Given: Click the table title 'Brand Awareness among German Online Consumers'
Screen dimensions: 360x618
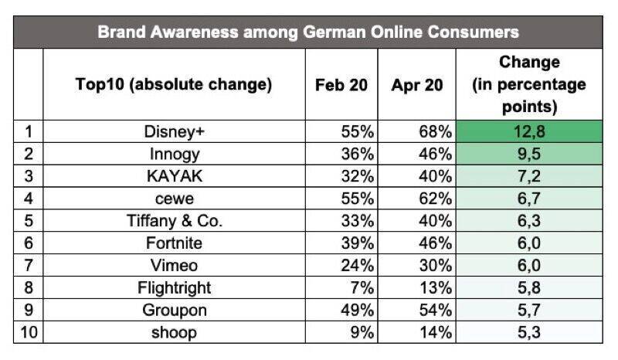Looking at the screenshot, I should (308, 32).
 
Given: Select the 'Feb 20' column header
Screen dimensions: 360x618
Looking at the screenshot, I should (341, 85).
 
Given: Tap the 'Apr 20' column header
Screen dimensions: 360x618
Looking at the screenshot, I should (417, 85).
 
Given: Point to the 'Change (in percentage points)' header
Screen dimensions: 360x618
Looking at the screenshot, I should (529, 84).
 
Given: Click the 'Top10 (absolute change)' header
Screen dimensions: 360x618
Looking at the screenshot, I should (174, 85).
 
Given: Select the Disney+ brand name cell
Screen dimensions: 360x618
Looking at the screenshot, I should (174, 132).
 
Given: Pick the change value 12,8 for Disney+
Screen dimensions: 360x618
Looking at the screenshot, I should (529, 132).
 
